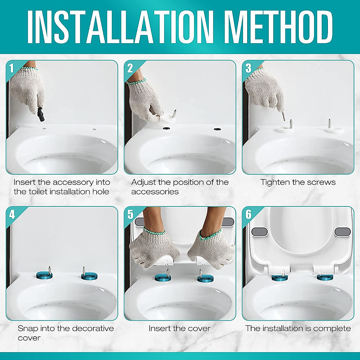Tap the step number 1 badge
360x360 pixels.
(x=11, y=68)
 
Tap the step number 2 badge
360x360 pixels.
(x=130, y=68)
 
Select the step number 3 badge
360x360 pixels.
(x=248, y=68)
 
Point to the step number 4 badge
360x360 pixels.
(x=12, y=214)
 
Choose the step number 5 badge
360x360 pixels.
(x=130, y=214)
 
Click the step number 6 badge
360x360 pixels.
(x=248, y=214)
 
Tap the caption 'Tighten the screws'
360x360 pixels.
(x=298, y=182)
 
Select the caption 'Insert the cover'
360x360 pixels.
(x=179, y=328)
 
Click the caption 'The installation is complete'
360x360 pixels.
(x=298, y=328)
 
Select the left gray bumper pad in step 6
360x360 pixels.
(x=259, y=232)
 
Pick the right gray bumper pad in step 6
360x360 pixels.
(x=342, y=232)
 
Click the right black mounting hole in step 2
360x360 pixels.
(x=217, y=129)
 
